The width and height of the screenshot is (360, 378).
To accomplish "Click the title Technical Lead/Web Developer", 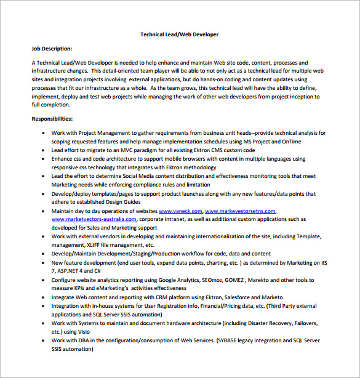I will (179, 35).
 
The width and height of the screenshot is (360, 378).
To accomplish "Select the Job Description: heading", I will (52, 48).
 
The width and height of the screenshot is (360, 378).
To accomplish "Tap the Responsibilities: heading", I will (52, 118).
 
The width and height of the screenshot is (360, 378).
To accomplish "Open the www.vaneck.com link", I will (180, 211).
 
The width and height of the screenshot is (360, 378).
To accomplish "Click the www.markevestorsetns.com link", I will (241, 211).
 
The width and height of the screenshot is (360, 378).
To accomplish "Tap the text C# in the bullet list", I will (96, 271).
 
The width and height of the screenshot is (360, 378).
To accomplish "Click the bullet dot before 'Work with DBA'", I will (41, 340).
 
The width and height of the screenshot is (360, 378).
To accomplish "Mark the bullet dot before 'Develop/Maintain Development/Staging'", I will (41, 254).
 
